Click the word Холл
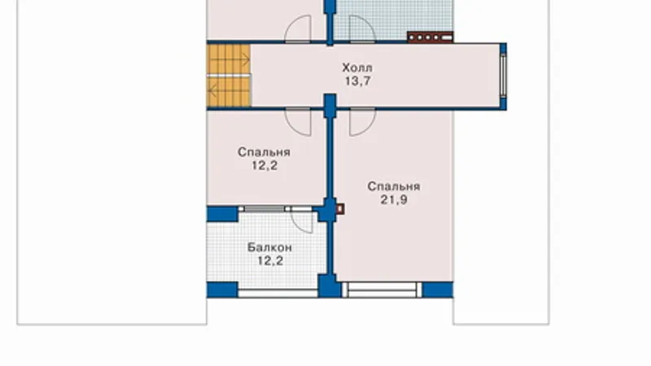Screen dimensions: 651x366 click(x=357, y=68)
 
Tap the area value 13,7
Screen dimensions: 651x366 click(x=357, y=81)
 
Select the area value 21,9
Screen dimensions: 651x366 click(x=394, y=199)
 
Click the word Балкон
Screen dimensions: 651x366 click(x=270, y=247)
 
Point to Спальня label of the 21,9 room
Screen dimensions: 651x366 click(x=394, y=186)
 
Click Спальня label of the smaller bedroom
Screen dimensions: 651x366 click(x=264, y=152)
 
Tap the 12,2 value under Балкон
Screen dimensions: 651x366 click(x=270, y=260)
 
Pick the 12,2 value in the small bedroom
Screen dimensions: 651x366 click(x=264, y=165)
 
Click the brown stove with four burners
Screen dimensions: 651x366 click(x=430, y=37)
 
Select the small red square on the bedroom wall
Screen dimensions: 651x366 click(x=339, y=209)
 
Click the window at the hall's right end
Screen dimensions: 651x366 click(x=503, y=76)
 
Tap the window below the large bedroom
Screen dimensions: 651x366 click(x=382, y=290)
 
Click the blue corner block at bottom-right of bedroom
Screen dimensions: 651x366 click(x=438, y=290)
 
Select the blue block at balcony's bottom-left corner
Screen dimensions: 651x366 click(x=222, y=290)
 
